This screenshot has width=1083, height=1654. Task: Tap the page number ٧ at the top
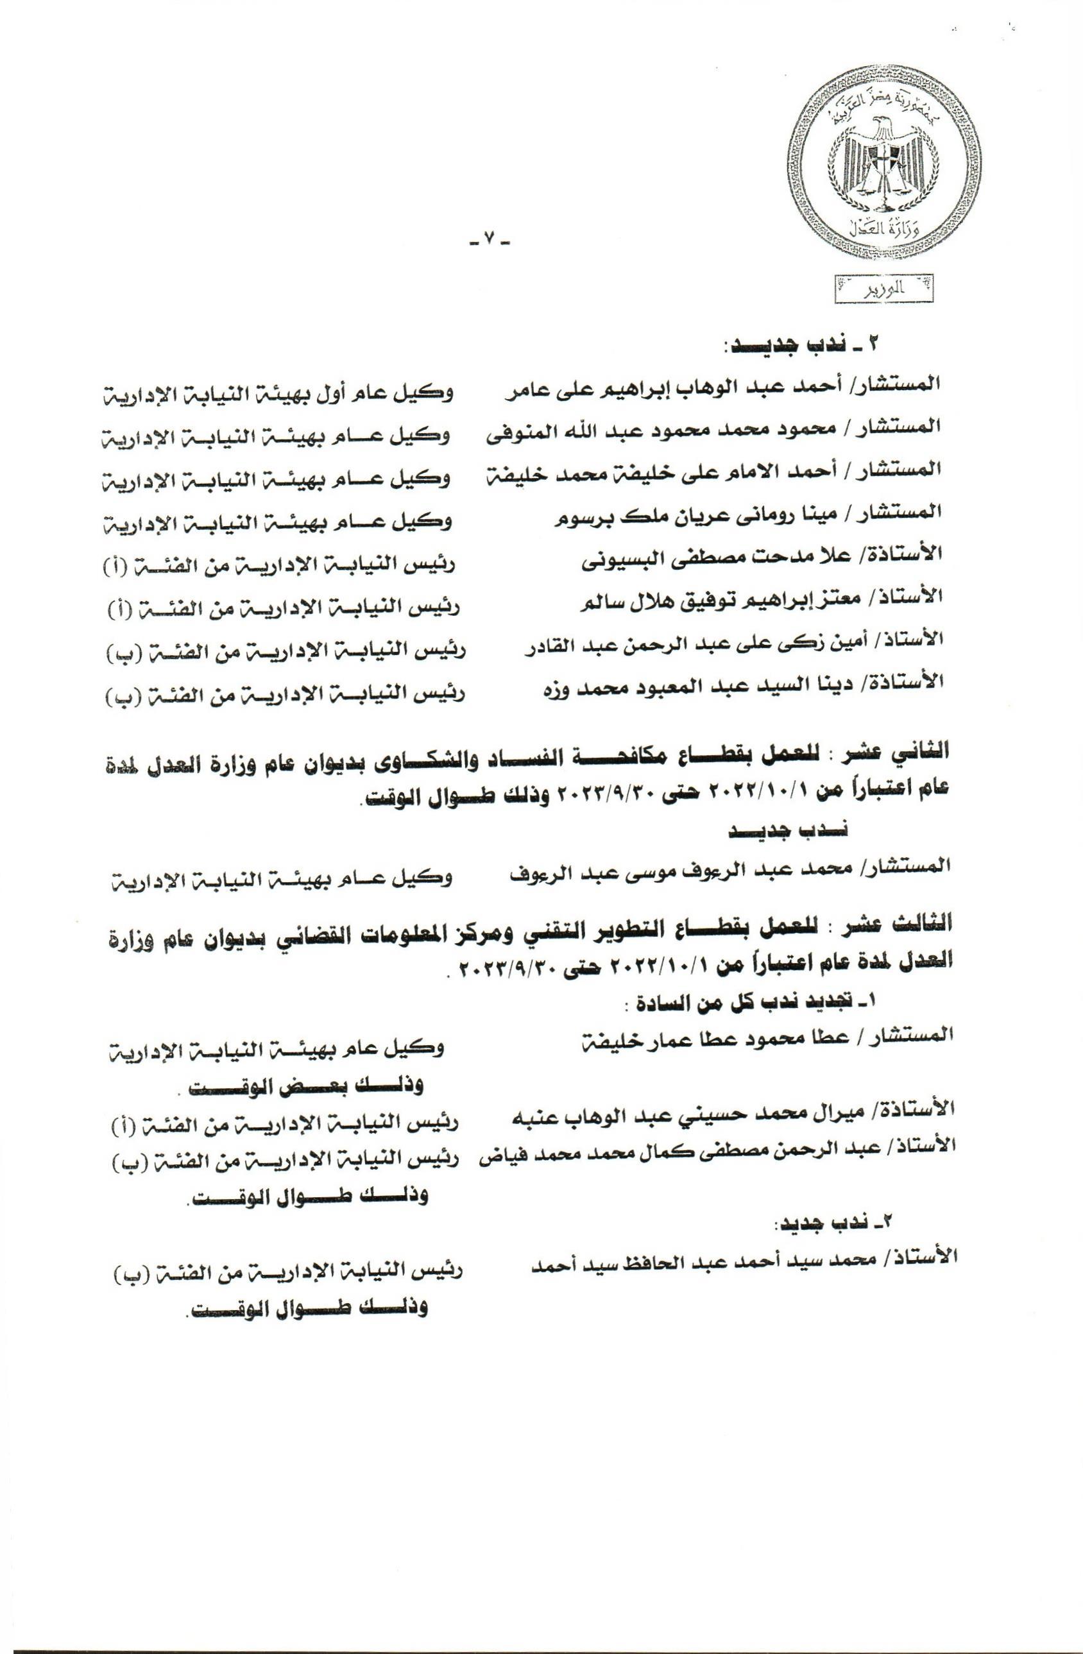coord(489,241)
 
